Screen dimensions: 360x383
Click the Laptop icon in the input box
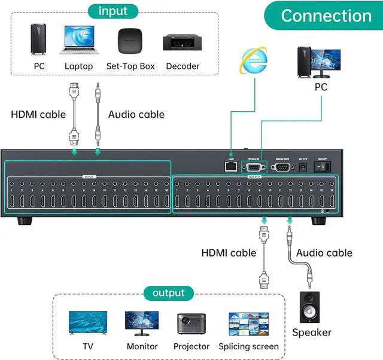pyautogui.click(x=78, y=40)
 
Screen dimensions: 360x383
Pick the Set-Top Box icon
pyautogui.click(x=130, y=41)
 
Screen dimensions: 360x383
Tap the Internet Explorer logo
pyautogui.click(x=251, y=60)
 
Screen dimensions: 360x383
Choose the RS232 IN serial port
pyautogui.click(x=253, y=167)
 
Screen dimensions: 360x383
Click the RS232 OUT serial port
pyautogui.click(x=281, y=167)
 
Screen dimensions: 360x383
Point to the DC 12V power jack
pyautogui.click(x=303, y=167)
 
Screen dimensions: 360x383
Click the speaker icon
pyautogui.click(x=309, y=306)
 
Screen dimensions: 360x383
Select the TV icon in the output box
pyautogui.click(x=88, y=324)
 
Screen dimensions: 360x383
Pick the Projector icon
pyautogui.click(x=191, y=324)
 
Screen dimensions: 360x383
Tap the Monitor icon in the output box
pyautogui.click(x=142, y=324)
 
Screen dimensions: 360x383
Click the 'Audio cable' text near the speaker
pyautogui.click(x=324, y=253)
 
